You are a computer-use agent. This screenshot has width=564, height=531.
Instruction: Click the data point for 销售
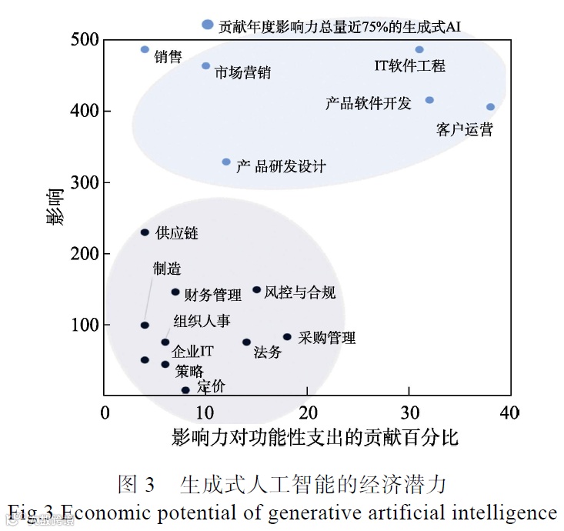click(145, 49)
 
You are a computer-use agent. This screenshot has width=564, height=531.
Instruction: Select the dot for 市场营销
click(205, 66)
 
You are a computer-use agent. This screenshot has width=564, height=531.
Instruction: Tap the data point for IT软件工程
click(419, 49)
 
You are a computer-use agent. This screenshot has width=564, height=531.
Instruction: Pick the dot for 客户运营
click(490, 107)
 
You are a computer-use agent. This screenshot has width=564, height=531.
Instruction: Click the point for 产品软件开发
click(429, 100)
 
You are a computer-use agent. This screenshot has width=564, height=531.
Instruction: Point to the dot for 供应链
click(145, 232)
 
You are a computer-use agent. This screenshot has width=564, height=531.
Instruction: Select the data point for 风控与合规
click(256, 290)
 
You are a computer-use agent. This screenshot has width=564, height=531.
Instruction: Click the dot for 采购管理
click(287, 336)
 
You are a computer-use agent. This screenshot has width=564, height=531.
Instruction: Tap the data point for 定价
click(185, 390)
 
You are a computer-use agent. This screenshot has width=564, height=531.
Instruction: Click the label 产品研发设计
click(281, 166)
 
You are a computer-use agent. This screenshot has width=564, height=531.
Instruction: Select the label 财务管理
click(213, 295)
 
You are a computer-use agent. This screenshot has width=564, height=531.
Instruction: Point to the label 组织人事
click(202, 321)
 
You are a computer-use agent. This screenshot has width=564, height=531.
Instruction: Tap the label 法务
click(267, 352)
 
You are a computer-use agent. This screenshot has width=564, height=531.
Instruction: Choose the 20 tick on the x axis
click(308, 412)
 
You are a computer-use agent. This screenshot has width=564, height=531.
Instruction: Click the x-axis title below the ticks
click(315, 438)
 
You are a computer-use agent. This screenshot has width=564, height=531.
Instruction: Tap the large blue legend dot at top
click(207, 25)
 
